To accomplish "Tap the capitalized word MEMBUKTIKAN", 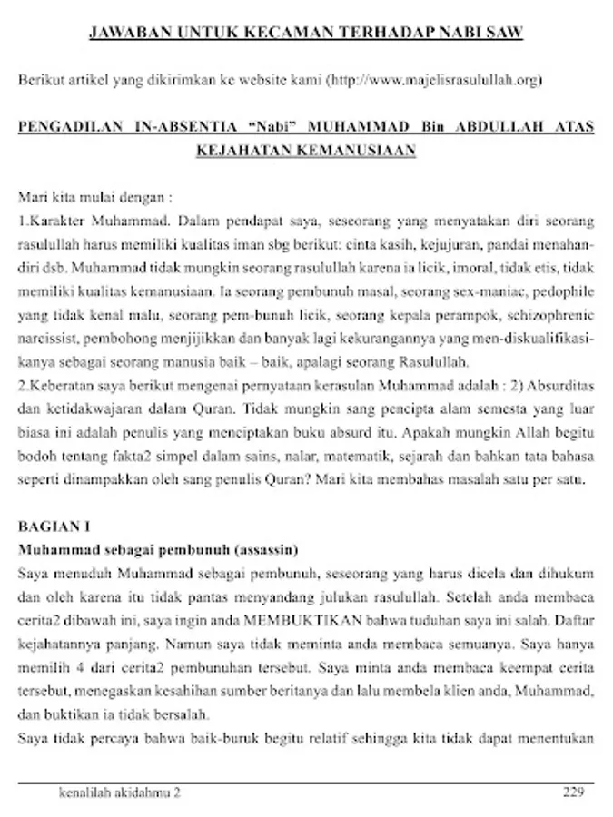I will (x=297, y=622).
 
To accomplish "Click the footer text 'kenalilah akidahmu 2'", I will (x=119, y=792).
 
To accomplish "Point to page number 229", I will (x=572, y=792).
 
